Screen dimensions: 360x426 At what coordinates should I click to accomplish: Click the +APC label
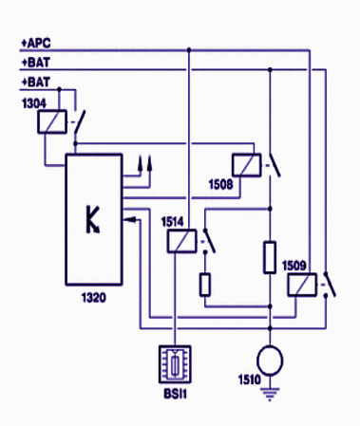(36, 43)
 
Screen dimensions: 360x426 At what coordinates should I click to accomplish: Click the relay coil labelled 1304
(52, 121)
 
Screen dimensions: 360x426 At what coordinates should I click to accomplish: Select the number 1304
(34, 103)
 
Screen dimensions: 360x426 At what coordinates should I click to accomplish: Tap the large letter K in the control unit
(93, 220)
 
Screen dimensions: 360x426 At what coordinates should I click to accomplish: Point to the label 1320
(94, 298)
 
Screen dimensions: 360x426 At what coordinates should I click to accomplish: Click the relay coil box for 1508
(247, 165)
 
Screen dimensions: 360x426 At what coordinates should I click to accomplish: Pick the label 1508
(220, 184)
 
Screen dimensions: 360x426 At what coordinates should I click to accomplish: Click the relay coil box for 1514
(181, 241)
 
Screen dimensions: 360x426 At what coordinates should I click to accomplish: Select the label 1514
(173, 222)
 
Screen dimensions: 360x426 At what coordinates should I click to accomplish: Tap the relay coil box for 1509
(302, 285)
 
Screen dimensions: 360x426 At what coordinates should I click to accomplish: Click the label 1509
(294, 266)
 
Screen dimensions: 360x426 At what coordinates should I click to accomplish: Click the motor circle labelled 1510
(270, 361)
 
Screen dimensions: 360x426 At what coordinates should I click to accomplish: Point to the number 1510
(250, 380)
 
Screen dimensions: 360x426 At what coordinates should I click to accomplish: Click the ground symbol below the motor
(270, 394)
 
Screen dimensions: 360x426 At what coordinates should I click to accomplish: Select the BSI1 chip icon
(175, 364)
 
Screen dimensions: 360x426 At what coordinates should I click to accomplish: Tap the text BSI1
(176, 394)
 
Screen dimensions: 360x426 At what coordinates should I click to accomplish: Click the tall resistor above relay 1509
(270, 257)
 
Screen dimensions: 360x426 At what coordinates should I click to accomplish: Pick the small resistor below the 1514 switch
(205, 285)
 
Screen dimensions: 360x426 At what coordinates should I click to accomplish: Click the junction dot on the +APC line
(189, 50)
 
